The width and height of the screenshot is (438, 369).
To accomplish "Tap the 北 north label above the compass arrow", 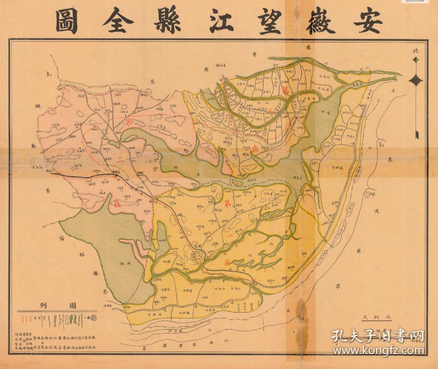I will click(x=416, y=51).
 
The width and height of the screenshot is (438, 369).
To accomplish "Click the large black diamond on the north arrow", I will click(x=416, y=80).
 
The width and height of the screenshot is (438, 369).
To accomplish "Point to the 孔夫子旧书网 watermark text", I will click(x=379, y=335).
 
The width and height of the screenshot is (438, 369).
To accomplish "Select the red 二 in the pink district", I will click(x=120, y=161).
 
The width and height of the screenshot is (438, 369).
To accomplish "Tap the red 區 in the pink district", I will click(x=116, y=205).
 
